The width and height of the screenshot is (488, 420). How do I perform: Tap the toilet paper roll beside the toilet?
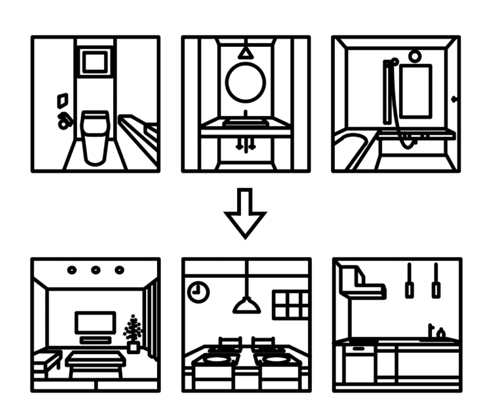(64, 121)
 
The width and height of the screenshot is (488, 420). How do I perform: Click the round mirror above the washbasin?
(245, 82)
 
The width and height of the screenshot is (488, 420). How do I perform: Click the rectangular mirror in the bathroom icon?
(415, 91)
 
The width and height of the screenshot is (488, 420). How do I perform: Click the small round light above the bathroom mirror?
(414, 56)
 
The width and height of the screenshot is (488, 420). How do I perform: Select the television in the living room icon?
(95, 322)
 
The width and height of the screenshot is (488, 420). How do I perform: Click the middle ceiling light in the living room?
(95, 270)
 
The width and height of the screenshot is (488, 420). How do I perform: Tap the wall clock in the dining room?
(198, 291)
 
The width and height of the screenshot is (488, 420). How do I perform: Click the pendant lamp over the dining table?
(247, 305)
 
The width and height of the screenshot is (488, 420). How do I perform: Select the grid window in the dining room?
(291, 305)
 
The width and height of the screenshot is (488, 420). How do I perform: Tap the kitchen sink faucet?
(432, 330)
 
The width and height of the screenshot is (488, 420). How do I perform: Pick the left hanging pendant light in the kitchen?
(409, 282)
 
